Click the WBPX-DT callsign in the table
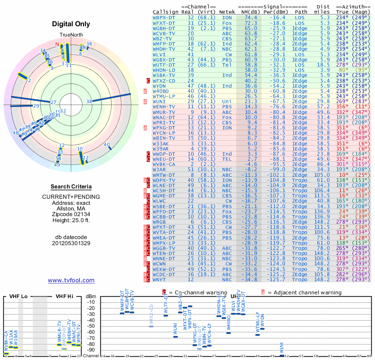[x=164, y=17]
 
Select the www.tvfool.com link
[x=71, y=280]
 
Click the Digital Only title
[x=71, y=24]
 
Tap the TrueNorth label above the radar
[x=71, y=36]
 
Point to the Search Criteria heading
[x=71, y=186]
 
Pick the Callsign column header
[x=166, y=11]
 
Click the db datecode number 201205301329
[x=71, y=243]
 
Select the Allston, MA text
[x=71, y=207]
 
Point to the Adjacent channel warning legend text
[x=304, y=292]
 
